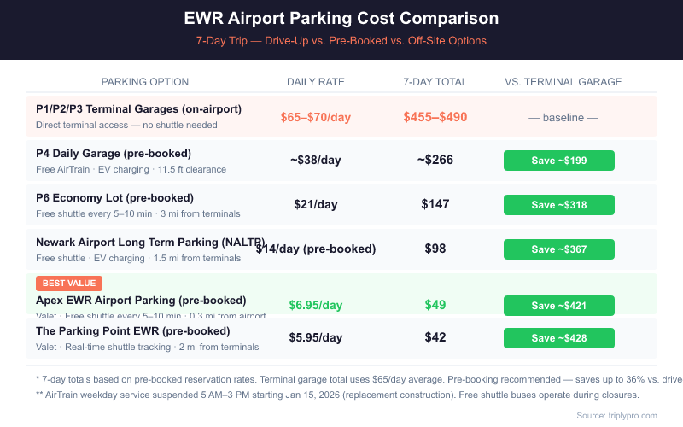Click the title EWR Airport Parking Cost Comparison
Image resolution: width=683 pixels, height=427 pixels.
pyautogui.click(x=341, y=19)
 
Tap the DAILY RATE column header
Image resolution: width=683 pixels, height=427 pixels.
pyautogui.click(x=316, y=82)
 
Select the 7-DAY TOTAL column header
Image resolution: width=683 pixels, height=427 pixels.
pyautogui.click(x=435, y=82)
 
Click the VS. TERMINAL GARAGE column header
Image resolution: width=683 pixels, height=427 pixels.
pyautogui.click(x=563, y=82)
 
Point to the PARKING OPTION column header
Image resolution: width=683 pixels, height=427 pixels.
pyautogui.click(x=145, y=82)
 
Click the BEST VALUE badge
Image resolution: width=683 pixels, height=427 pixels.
pyautogui.click(x=69, y=284)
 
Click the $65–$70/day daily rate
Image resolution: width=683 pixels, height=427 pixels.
pyautogui.click(x=316, y=117)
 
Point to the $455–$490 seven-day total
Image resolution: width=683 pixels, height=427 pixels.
pyautogui.click(x=435, y=117)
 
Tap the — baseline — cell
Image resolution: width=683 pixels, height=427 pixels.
pyautogui.click(x=563, y=117)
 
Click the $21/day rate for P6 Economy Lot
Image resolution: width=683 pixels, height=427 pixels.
pyautogui.click(x=316, y=205)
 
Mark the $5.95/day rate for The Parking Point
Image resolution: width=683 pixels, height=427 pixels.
pyautogui.click(x=316, y=338)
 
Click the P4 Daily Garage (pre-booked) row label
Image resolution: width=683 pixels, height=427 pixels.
pyautogui.click(x=114, y=154)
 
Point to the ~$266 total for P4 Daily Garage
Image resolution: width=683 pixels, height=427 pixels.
pyautogui.click(x=435, y=161)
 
